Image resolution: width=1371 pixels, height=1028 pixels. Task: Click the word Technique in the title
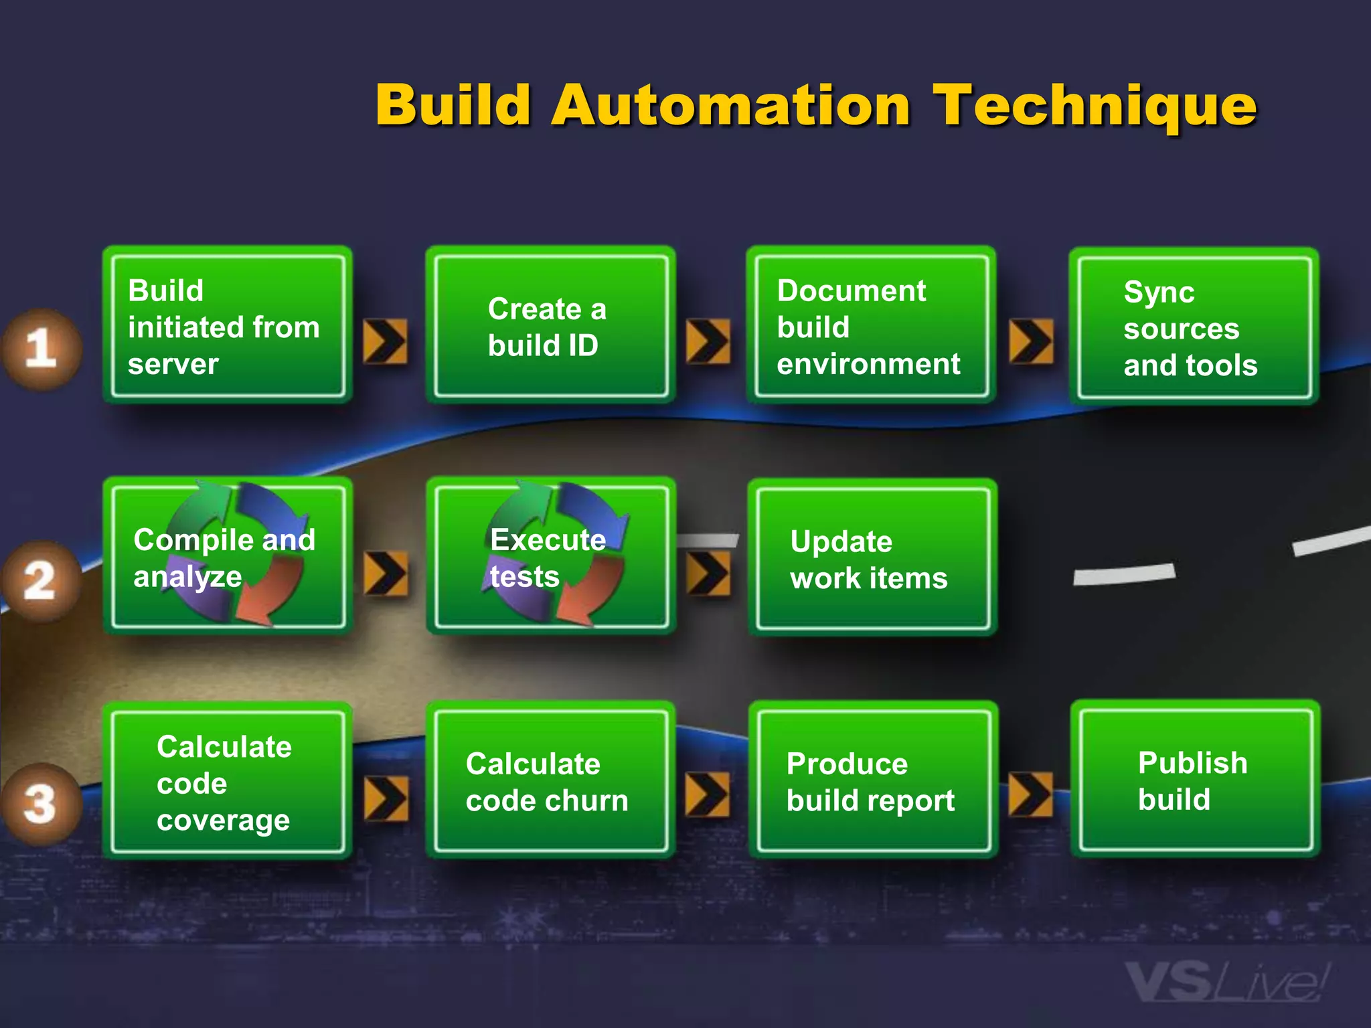(1095, 106)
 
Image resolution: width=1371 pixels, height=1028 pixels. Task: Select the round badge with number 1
(41, 349)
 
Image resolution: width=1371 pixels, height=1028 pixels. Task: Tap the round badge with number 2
(39, 580)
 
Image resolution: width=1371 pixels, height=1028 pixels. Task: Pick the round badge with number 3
(39, 804)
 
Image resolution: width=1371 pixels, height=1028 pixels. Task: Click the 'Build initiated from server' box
(228, 325)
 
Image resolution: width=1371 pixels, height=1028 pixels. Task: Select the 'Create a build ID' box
(550, 325)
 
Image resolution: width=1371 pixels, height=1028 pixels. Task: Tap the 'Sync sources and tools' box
(1194, 327)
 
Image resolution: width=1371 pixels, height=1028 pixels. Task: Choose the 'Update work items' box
(872, 557)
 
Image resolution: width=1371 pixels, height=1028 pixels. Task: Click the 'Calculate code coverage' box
(228, 780)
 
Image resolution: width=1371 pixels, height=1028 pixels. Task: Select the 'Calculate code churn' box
(550, 780)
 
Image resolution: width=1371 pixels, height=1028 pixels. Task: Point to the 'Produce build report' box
(873, 780)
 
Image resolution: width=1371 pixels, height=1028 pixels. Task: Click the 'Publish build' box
(1195, 779)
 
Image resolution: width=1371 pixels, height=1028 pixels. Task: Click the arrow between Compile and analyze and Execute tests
(386, 574)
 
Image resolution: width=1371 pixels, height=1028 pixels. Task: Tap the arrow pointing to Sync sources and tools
(1031, 341)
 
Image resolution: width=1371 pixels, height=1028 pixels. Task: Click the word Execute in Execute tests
(548, 539)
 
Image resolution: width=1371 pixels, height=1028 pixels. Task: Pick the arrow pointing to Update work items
(708, 574)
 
